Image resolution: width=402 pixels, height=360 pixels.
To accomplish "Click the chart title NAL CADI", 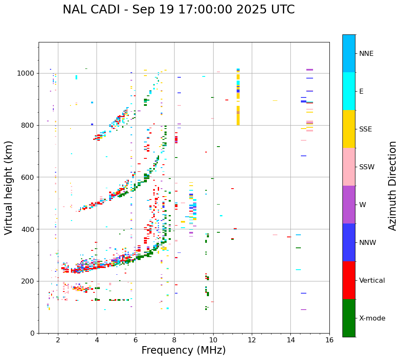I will coord(178,10).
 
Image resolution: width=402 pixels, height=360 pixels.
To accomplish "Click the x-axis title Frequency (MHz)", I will coord(183,350).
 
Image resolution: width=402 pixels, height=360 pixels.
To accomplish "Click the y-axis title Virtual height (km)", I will coord(9,187).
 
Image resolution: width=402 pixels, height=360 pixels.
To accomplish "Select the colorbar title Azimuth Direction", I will coord(392,185).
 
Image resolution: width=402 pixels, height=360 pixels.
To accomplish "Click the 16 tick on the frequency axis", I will coord(329,339).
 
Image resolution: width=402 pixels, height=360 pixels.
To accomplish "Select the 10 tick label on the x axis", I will coord(213,339).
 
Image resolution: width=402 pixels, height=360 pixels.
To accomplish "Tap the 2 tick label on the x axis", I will coord(58,339).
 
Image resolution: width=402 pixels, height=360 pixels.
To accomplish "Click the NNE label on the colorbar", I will coord(366,54).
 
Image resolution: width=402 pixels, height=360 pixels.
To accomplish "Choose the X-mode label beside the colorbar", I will coord(372,318).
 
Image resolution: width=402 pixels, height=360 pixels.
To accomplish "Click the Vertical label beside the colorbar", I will coord(372,281).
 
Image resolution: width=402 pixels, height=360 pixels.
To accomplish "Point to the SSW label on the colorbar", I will coord(366,167).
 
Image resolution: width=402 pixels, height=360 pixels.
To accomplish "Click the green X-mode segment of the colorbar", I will coord(349,318).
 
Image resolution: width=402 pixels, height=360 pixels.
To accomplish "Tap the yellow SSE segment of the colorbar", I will coord(349,129).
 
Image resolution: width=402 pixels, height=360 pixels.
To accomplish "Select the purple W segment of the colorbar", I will coord(349,205).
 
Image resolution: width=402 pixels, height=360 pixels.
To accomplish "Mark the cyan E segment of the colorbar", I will coord(349,91).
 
